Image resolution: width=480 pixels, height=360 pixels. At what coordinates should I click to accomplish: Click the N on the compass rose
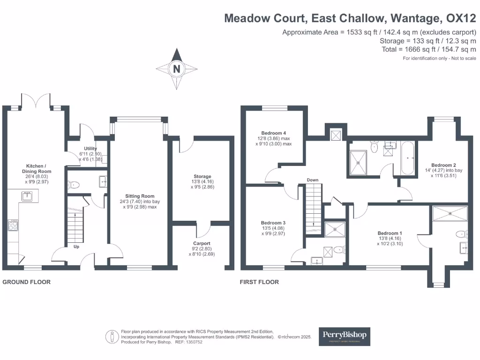pos(177,69)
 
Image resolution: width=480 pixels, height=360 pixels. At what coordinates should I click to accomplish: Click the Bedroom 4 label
pos(274,133)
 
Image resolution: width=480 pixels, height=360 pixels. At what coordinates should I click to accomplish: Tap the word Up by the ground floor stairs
pos(76,246)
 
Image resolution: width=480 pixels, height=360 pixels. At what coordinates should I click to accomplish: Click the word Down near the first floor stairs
pos(313,180)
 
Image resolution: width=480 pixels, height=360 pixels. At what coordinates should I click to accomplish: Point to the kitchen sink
pos(27,196)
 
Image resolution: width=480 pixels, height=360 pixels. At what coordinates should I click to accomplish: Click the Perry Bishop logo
pos(345,336)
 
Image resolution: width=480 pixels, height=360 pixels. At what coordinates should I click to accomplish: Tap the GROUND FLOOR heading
pos(27,282)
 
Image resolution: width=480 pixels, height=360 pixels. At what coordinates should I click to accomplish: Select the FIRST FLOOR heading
pos(259,282)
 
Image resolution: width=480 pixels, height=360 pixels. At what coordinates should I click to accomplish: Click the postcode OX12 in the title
pos(461,18)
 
